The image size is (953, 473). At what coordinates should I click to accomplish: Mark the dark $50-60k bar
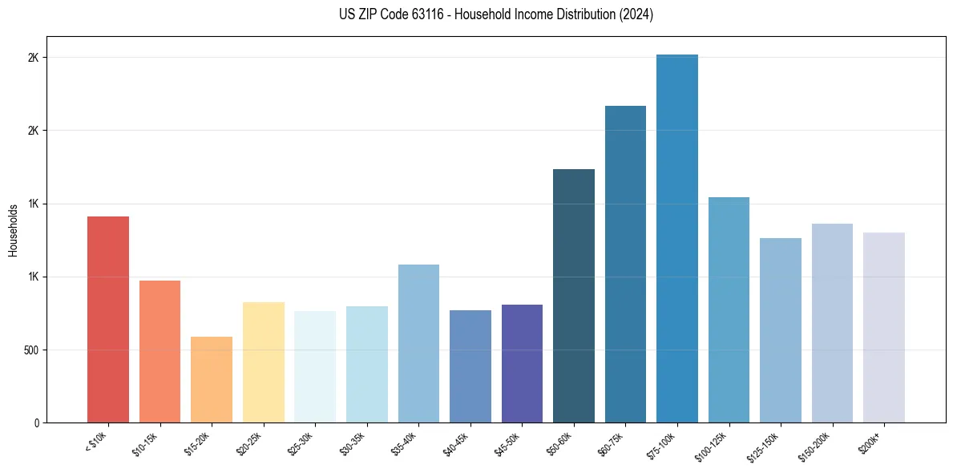[574, 296]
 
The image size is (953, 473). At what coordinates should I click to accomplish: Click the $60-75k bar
[625, 264]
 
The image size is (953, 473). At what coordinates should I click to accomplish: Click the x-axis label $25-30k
[301, 443]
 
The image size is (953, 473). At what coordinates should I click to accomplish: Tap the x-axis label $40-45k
[457, 443]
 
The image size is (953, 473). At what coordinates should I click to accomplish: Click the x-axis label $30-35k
[353, 443]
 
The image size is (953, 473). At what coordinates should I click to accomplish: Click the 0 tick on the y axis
[37, 423]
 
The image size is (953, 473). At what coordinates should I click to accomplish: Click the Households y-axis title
[13, 230]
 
